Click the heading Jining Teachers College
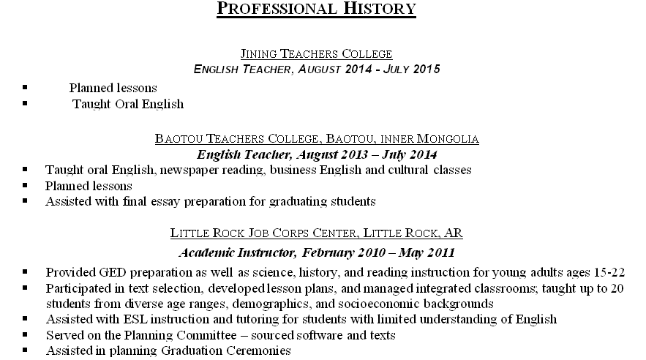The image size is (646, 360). tap(316, 53)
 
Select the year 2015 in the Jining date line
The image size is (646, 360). tap(427, 70)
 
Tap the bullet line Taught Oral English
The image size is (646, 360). tap(128, 104)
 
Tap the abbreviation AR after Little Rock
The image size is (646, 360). tap(453, 233)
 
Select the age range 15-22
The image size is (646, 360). tap(609, 271)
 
